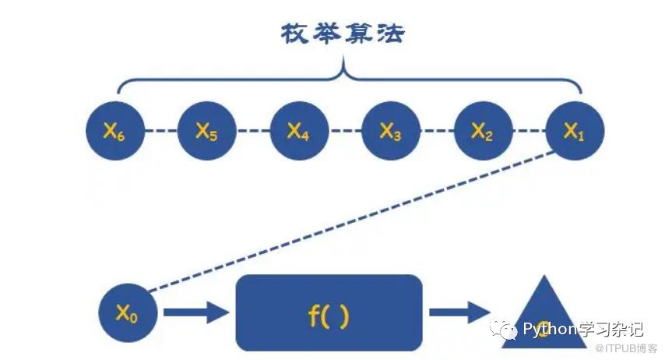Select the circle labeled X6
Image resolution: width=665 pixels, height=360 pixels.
pos(114,132)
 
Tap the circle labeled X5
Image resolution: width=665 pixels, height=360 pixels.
pos(206,132)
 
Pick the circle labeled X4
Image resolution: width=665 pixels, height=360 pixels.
pos(299,132)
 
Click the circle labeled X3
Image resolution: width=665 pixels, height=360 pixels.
pos(391,132)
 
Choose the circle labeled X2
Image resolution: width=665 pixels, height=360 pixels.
pos(483,132)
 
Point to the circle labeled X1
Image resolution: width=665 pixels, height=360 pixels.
pos(575,132)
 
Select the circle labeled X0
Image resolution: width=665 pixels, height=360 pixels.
pos(128,314)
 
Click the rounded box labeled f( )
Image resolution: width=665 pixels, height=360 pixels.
pos(329,312)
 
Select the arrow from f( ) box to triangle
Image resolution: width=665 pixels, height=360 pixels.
pos(459,313)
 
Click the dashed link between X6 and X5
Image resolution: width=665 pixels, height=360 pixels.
pos(160,132)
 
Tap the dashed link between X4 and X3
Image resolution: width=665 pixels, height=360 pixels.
pos(345,132)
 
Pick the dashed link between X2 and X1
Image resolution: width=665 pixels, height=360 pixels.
pos(529,132)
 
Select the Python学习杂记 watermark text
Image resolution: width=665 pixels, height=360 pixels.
pos(575,328)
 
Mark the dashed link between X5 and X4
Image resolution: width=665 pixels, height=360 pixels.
pos(252,132)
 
